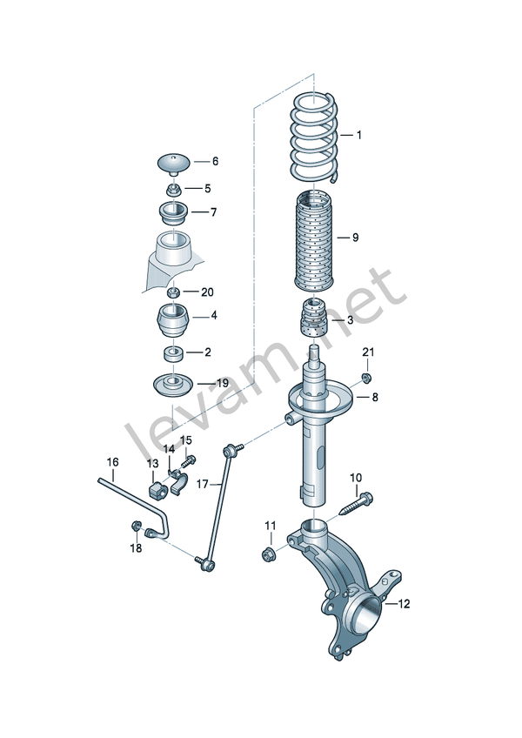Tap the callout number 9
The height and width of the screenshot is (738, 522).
(355, 238)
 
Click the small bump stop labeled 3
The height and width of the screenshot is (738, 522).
(314, 318)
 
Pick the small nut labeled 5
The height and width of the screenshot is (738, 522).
(173, 190)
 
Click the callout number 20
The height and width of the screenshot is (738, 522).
(207, 292)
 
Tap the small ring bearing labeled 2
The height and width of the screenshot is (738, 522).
(173, 353)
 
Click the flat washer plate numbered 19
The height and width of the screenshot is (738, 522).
(173, 387)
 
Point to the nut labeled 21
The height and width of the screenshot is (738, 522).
(366, 377)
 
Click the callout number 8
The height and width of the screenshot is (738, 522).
(375, 397)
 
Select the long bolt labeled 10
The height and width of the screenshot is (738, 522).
(358, 504)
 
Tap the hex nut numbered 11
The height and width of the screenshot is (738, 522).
(269, 554)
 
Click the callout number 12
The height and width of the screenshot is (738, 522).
(405, 604)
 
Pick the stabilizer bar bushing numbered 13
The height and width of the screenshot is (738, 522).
(158, 490)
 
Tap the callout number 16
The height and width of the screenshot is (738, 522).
(112, 462)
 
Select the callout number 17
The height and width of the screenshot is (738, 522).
(202, 484)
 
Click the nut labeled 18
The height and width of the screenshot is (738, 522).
(135, 526)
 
